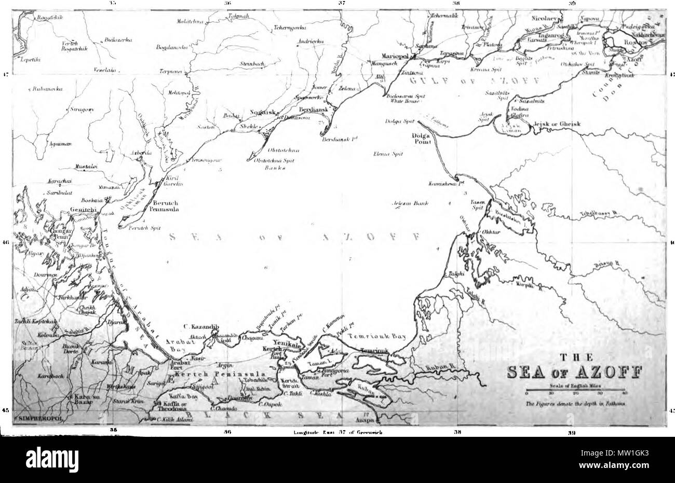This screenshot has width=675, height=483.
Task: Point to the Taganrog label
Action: pos(551,35)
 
